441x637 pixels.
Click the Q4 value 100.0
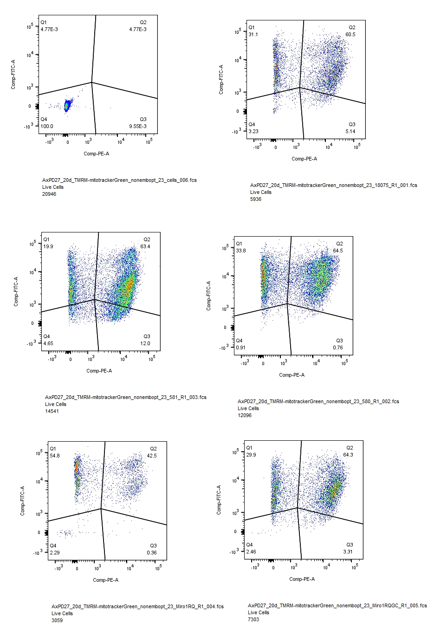(46, 126)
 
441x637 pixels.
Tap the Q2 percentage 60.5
(350, 34)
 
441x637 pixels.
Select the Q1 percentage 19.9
(48, 246)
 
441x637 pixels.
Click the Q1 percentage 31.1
(253, 34)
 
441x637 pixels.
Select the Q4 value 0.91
(240, 347)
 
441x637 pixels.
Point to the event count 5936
(256, 199)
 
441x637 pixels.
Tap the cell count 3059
(57, 620)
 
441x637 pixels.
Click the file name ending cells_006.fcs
(119, 180)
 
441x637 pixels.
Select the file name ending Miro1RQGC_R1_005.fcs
(337, 605)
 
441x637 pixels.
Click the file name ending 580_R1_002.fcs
(318, 401)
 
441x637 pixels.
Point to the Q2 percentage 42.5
(152, 456)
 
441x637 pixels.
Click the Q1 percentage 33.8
(240, 251)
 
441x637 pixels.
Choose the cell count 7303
(253, 619)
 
